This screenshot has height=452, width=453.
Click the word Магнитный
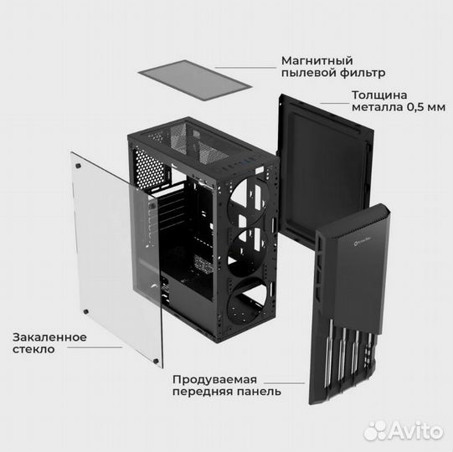pos(317,61)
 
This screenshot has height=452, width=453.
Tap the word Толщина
pos(379,95)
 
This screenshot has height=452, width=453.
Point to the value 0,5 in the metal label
pos(414,107)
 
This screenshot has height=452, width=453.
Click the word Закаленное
pos(49,337)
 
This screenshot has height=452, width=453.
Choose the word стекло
pos(33,349)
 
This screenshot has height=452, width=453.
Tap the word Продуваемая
pos(214,380)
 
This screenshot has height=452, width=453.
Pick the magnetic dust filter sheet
pos(195,80)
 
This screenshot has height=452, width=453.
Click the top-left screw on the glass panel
pos(78,166)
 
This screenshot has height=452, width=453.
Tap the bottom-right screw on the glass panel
pos(156,361)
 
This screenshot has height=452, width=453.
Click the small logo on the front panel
pos(363,241)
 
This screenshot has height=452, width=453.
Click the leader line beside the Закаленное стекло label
pos(95,347)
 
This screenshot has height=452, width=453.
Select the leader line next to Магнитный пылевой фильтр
pos(245,68)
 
